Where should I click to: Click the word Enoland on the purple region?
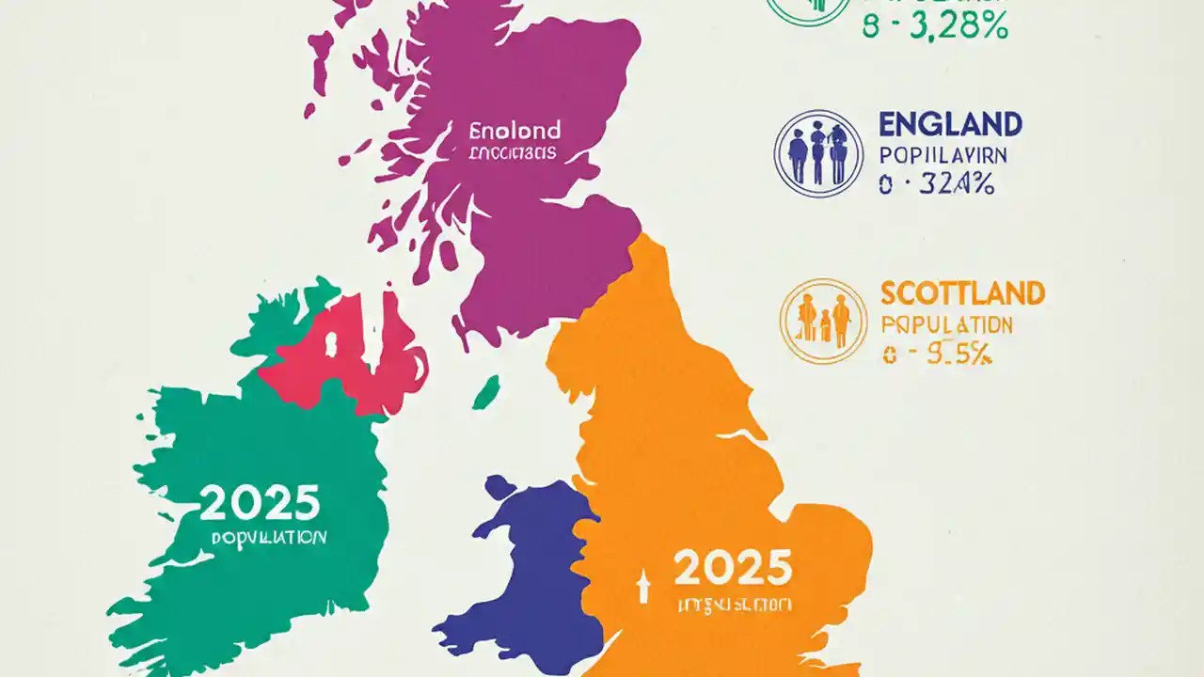click(x=515, y=130)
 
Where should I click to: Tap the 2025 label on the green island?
click(x=261, y=504)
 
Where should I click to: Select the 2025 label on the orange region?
click(x=733, y=567)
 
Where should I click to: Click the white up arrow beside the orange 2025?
click(x=644, y=588)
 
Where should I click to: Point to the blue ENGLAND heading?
click(x=950, y=124)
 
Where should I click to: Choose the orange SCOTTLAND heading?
click(x=962, y=293)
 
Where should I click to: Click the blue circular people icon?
click(x=817, y=153)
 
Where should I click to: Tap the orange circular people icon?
click(x=824, y=321)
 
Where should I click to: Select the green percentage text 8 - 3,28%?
click(x=935, y=28)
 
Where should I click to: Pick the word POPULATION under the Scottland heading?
click(x=947, y=325)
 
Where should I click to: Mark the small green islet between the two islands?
click(x=485, y=392)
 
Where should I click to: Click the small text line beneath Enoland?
click(x=513, y=152)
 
